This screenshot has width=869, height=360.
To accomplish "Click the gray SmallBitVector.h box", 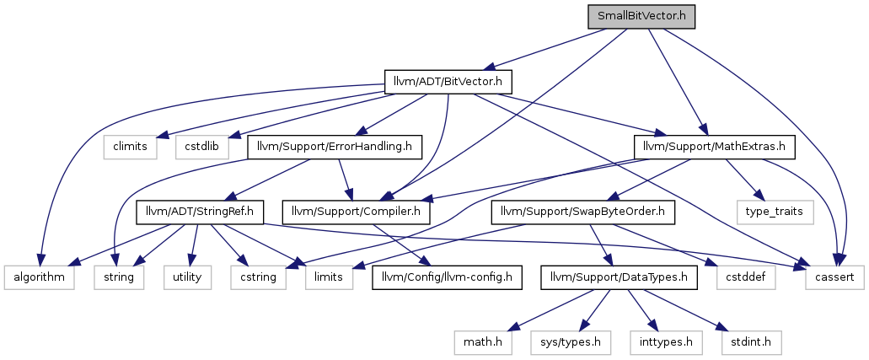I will [641, 17].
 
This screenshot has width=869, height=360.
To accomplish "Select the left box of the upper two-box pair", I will [131, 148].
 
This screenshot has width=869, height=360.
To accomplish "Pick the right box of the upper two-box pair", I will [202, 148].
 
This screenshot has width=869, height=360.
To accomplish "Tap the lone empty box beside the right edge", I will [775, 212].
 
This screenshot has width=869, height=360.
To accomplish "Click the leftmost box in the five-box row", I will [39, 277].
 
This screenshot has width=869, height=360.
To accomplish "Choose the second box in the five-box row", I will [119, 277].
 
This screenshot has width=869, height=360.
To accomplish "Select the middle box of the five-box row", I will [187, 277].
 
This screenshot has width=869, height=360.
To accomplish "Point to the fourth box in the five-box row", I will [258, 277].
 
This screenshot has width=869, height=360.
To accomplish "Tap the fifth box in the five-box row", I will [330, 277].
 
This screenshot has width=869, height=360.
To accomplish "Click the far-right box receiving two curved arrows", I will [834, 277].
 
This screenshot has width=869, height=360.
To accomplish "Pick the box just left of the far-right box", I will [746, 277].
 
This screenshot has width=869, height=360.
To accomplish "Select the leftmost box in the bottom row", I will [483, 343].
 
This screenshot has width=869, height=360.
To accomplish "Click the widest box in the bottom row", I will [571, 343].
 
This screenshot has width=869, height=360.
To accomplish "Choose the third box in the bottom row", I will [666, 343].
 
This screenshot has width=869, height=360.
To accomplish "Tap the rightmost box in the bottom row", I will [752, 343].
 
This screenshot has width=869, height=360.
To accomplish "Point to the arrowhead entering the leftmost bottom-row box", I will [512, 328].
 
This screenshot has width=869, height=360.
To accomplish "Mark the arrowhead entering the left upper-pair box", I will [162, 135].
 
